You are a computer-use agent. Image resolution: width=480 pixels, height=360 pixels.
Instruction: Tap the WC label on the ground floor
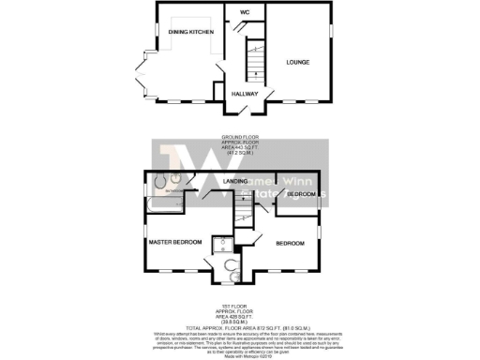[244, 12]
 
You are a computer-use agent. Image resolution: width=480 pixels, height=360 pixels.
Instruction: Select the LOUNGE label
[299, 62]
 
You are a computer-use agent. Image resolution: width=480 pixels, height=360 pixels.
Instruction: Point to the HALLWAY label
[247, 94]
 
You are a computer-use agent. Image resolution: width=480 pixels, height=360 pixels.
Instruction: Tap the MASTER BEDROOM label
[175, 242]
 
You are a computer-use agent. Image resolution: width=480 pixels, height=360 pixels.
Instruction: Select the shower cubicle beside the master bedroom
[223, 246]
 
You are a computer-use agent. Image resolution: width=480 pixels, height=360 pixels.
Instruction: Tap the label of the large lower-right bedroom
[289, 244]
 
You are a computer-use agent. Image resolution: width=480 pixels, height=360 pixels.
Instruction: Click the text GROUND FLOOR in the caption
[238, 137]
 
